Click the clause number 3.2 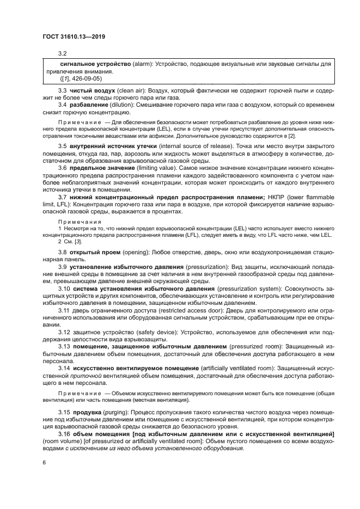point(63,53)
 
